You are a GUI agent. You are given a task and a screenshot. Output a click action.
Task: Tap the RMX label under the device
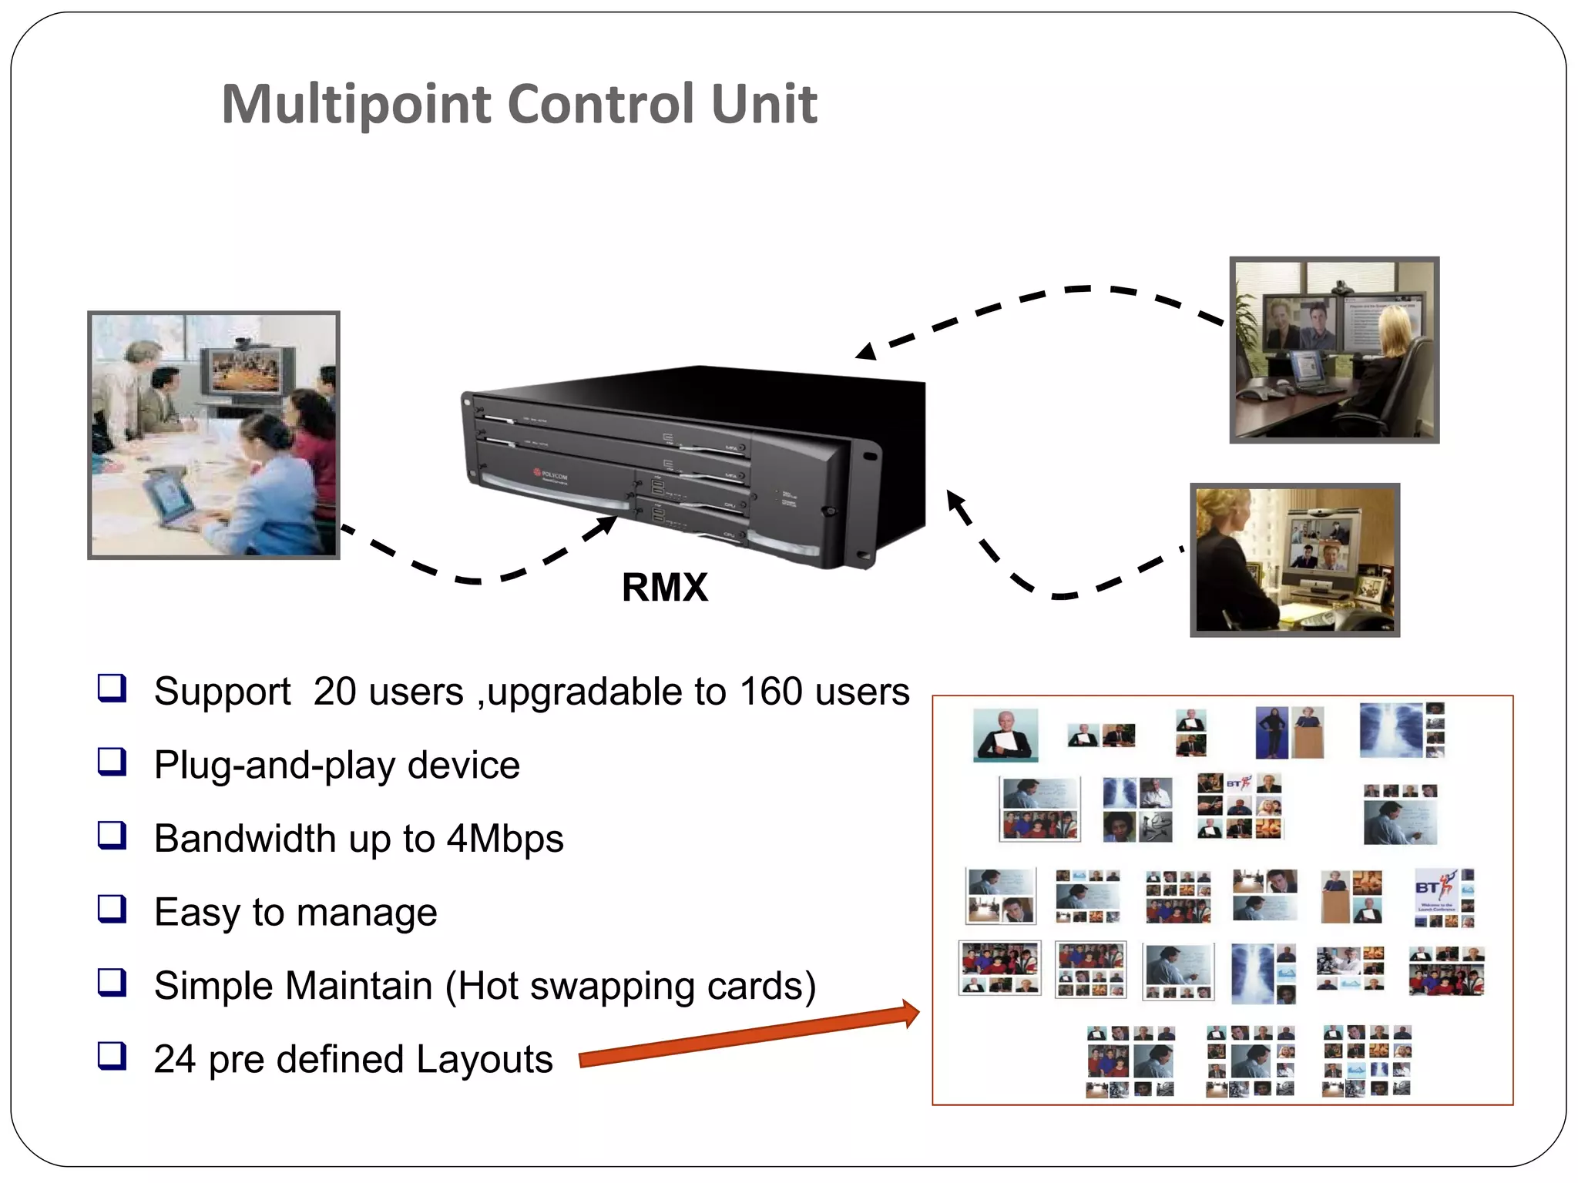click(664, 588)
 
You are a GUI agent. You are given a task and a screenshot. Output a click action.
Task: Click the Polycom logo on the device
click(551, 475)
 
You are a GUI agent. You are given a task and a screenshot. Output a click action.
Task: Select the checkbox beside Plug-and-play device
click(112, 762)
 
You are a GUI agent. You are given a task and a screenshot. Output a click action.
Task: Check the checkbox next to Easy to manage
click(112, 909)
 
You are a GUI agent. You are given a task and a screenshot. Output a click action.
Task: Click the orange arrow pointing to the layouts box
click(747, 1036)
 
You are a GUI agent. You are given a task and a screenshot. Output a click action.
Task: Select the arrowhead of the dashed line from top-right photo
click(867, 353)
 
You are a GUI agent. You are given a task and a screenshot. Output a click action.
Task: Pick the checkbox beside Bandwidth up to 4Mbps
click(112, 835)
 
